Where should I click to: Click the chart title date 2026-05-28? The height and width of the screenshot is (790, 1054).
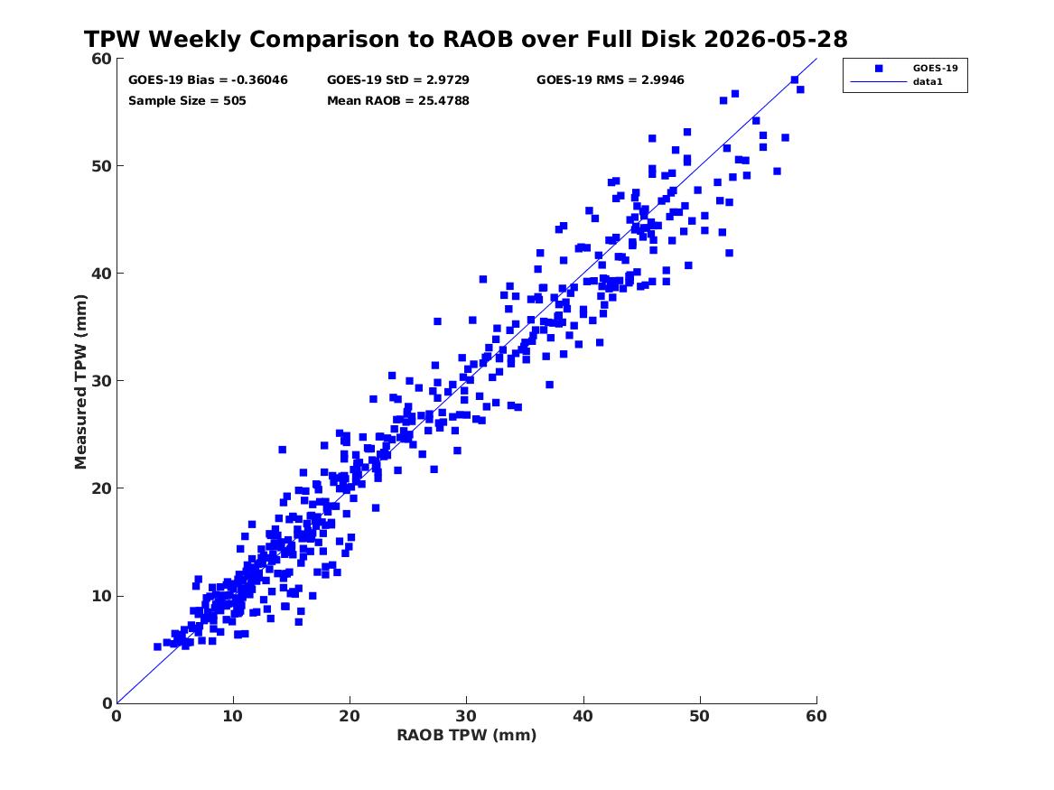tap(776, 39)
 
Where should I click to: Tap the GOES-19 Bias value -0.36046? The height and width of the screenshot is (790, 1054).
tap(259, 80)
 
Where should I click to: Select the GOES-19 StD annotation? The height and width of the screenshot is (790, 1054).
tap(398, 80)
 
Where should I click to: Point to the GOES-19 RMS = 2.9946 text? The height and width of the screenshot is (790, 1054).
tap(611, 80)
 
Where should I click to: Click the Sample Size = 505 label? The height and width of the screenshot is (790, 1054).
tap(187, 101)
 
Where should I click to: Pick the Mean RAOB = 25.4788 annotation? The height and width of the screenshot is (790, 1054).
tap(398, 101)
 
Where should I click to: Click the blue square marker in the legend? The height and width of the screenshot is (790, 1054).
tap(879, 69)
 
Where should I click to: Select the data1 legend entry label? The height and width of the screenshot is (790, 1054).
tap(928, 82)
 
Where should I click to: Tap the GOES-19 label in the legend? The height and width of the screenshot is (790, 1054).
tap(935, 68)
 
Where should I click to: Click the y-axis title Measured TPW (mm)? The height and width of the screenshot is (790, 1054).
tap(80, 382)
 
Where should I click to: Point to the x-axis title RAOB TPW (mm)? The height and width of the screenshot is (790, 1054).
tap(467, 735)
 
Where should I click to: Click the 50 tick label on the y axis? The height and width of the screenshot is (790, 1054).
tap(101, 166)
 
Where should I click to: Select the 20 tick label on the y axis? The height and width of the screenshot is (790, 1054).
tap(101, 488)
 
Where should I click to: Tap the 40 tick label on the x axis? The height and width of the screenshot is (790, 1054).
tap(583, 716)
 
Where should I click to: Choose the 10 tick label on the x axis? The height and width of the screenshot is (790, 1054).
tap(233, 716)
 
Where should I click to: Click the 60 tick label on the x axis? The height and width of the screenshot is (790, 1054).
tap(816, 716)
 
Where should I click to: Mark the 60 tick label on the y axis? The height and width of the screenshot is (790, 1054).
tap(101, 59)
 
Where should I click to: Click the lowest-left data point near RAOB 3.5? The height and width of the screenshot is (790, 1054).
tap(157, 646)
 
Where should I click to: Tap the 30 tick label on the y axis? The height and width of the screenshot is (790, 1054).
tap(101, 381)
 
